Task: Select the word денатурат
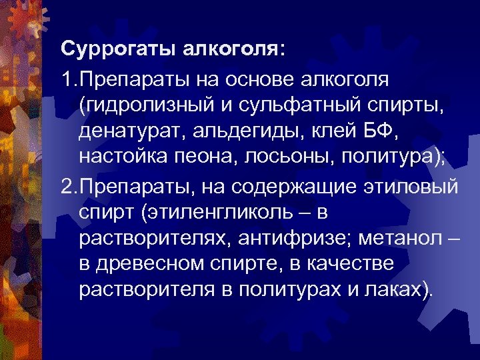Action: tap(130, 133)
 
